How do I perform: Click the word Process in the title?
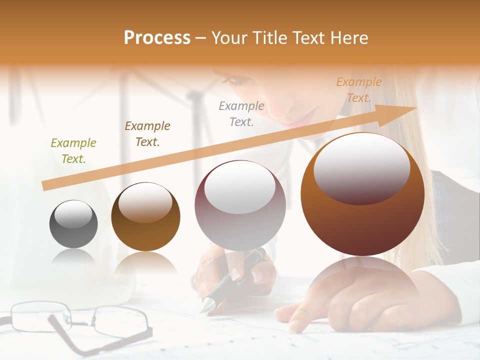pyautogui.click(x=157, y=38)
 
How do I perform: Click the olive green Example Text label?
pyautogui.click(x=73, y=151)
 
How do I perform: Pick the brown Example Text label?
pyautogui.click(x=147, y=134)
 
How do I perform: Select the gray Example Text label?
pyautogui.click(x=241, y=114)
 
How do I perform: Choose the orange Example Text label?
pyautogui.click(x=358, y=90)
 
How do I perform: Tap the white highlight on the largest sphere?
pyautogui.click(x=361, y=167)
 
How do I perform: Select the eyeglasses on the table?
pyautogui.click(x=80, y=322)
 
